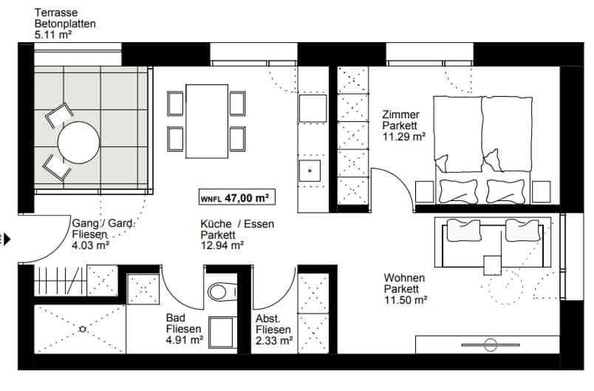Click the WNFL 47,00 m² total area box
[x=233, y=197]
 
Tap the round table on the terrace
[x=78, y=143]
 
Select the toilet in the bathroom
[x=219, y=290]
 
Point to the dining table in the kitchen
[x=206, y=121]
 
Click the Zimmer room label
[x=400, y=115]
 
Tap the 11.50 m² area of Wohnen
[x=406, y=300]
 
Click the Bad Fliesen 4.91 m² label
[x=185, y=329]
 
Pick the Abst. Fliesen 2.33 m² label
[x=274, y=330]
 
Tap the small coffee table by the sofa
[x=491, y=263]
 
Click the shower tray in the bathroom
[x=81, y=330]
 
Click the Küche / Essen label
[x=231, y=224]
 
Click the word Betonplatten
[x=65, y=23]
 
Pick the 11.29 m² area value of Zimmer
[x=403, y=136]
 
